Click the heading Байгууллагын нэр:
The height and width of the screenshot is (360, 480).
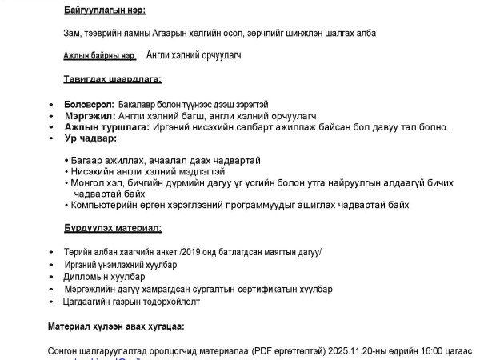[x=105, y=10]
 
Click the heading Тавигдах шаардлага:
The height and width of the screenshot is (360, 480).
[x=113, y=78]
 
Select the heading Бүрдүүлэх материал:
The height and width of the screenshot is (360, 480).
[x=113, y=228]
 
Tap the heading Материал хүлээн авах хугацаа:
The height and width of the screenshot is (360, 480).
[x=115, y=326]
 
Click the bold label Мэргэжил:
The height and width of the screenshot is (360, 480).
[x=88, y=116]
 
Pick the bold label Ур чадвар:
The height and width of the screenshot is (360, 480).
[x=86, y=138]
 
